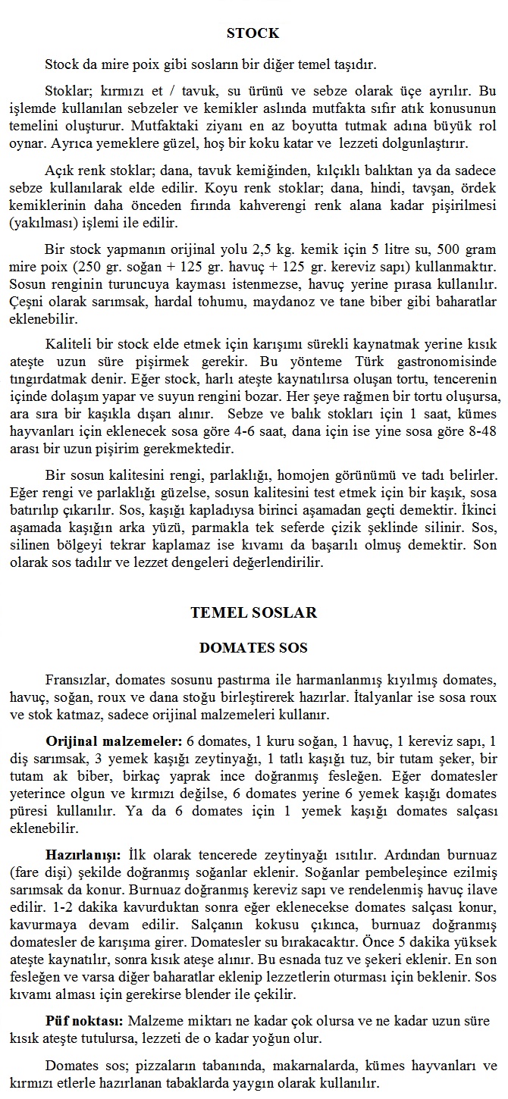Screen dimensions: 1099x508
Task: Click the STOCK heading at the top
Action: [x=253, y=33]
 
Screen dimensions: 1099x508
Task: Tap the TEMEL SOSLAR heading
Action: [x=253, y=612]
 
